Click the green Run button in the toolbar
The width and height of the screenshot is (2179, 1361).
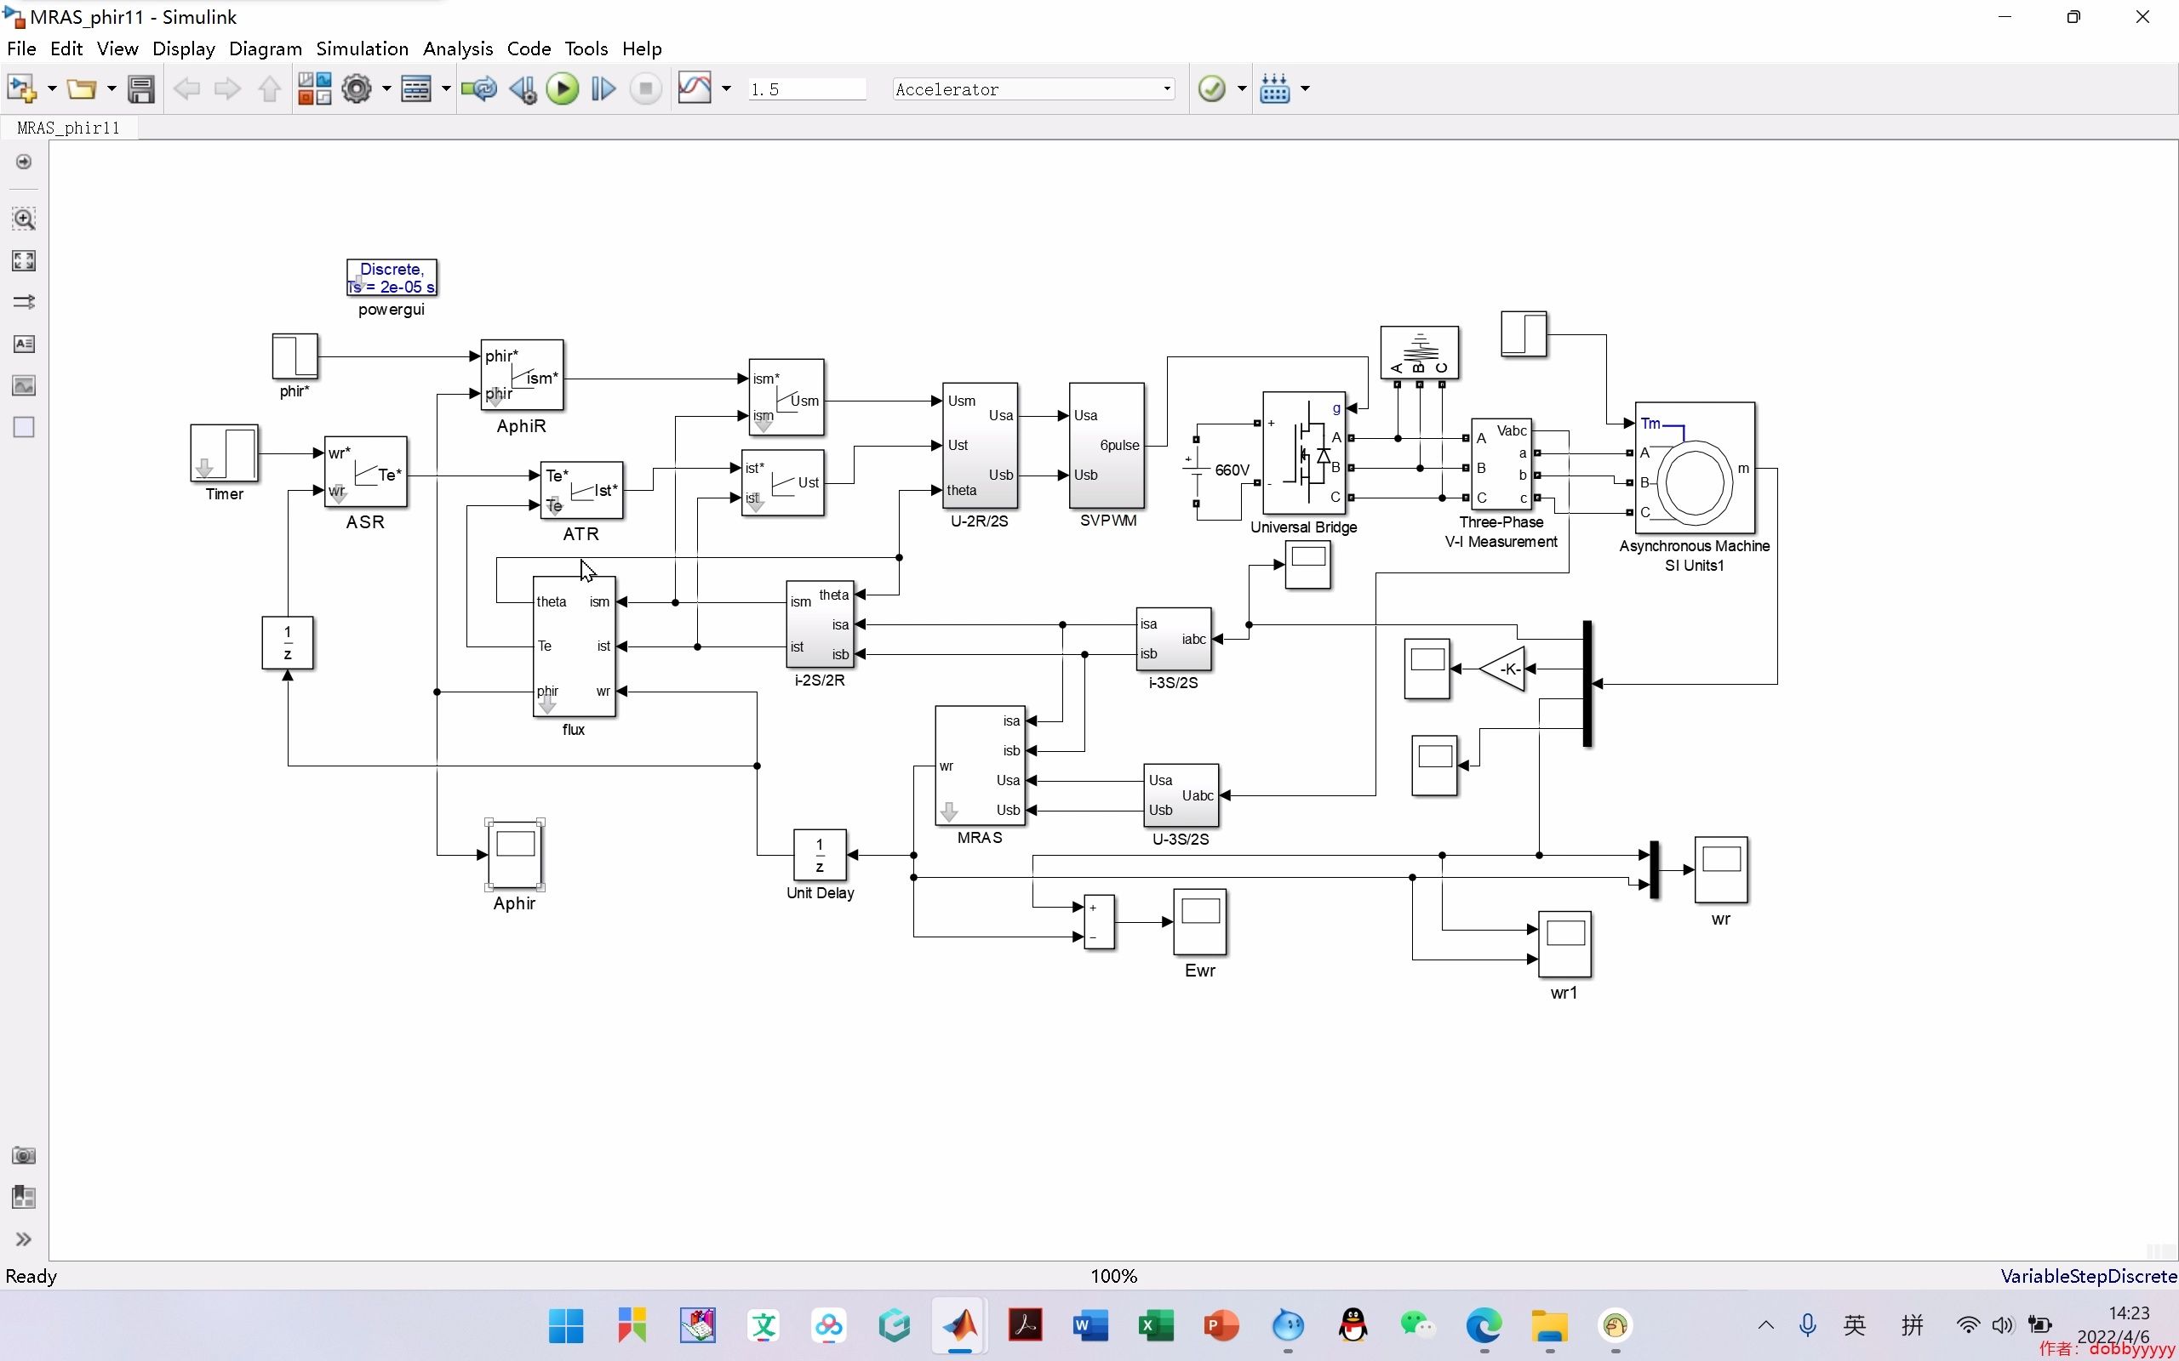pyautogui.click(x=563, y=88)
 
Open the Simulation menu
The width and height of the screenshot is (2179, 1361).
pyautogui.click(x=362, y=48)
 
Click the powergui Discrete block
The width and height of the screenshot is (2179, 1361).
pyautogui.click(x=392, y=277)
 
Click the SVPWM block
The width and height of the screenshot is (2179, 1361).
pyautogui.click(x=1107, y=446)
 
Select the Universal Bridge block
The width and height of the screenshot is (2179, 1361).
pyautogui.click(x=1303, y=453)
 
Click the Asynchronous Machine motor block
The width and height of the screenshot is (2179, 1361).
pyautogui.click(x=1695, y=468)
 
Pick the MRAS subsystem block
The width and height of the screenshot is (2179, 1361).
pyautogui.click(x=980, y=765)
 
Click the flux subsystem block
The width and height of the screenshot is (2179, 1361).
pyautogui.click(x=575, y=646)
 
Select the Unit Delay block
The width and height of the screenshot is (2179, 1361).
pyautogui.click(x=820, y=854)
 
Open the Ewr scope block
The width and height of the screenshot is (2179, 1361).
pyautogui.click(x=1199, y=922)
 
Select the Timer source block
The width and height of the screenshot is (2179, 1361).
pyautogui.click(x=224, y=453)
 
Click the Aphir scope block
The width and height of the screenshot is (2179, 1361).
pyautogui.click(x=515, y=853)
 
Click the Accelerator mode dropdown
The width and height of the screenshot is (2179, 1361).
pyautogui.click(x=1032, y=88)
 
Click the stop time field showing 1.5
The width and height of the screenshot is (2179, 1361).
pyautogui.click(x=806, y=89)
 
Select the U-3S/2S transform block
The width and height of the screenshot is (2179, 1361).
pyautogui.click(x=1181, y=794)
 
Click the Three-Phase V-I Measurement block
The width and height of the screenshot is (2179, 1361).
pyautogui.click(x=1501, y=464)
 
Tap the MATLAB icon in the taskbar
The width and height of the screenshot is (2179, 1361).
pyautogui.click(x=959, y=1325)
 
